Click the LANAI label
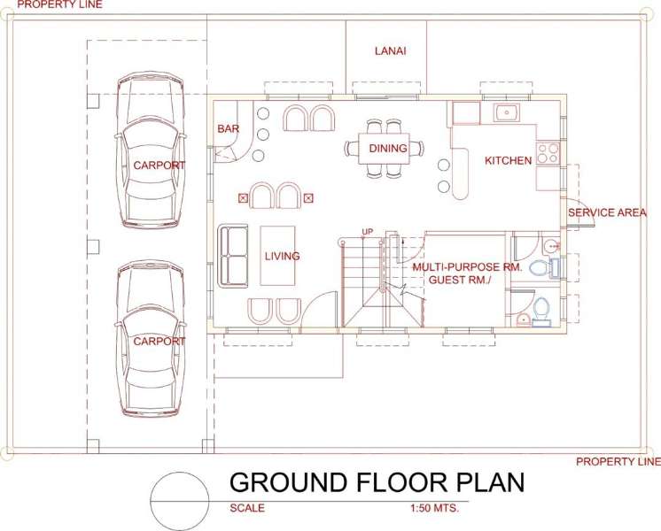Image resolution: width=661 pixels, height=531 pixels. point(391,51)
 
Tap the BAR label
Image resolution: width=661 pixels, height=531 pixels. point(228,129)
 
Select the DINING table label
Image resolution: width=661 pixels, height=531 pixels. point(388,148)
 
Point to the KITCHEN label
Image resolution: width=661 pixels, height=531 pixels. point(508,160)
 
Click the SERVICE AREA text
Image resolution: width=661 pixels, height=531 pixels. point(607,212)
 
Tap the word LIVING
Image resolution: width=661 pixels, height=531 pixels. point(282,256)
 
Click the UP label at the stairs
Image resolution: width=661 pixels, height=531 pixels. point(368,232)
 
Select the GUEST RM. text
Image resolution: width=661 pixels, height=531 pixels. point(461,280)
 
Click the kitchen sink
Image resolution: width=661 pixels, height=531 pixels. point(507,112)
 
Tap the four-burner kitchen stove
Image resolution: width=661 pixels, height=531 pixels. point(548,153)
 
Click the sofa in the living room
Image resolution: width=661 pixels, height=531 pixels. point(233,256)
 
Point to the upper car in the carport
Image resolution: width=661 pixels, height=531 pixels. point(151,150)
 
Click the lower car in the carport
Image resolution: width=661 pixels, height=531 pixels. point(151,338)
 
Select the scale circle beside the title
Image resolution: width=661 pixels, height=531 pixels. point(180,501)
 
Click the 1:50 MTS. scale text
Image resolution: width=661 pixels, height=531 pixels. point(434,508)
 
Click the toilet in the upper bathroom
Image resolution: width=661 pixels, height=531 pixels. point(540,268)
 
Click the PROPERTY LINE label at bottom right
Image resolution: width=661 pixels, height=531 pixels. point(618,462)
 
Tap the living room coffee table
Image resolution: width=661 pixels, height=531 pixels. point(277,256)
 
